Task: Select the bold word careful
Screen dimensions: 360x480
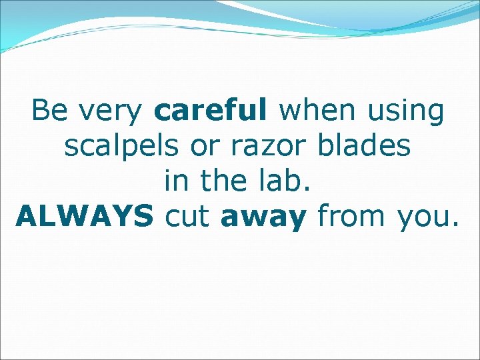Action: [x=209, y=111]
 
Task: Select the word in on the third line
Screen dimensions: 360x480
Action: [x=173, y=181]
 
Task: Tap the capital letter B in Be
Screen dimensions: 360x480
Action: [x=40, y=111]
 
